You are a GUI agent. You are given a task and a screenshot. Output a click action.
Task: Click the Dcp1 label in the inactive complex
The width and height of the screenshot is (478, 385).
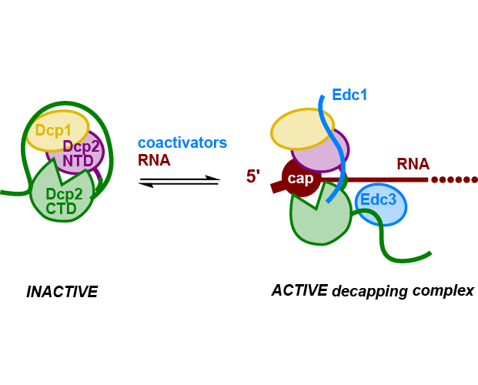(x=53, y=130)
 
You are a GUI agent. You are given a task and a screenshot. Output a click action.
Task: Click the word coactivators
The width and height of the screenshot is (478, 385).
(x=182, y=143)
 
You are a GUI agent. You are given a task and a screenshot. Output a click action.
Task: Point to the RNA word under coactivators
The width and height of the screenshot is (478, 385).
(x=154, y=161)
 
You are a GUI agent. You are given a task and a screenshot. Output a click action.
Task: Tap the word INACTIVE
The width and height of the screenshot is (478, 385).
(x=62, y=292)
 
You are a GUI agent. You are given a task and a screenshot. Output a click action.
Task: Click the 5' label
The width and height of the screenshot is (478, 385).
(x=254, y=177)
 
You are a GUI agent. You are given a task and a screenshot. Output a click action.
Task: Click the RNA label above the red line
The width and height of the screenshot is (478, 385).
(x=413, y=164)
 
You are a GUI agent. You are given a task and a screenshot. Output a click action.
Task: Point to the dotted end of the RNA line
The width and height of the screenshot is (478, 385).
(x=455, y=180)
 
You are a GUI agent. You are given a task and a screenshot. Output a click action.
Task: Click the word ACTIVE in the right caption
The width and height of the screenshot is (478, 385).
(x=298, y=290)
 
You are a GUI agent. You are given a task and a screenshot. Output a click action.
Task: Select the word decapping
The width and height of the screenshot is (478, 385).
(x=371, y=292)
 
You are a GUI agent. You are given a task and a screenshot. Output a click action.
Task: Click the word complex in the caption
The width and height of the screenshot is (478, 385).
(x=444, y=292)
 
